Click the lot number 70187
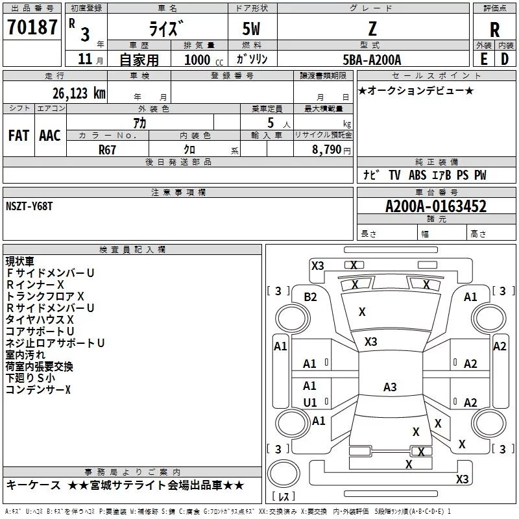pyautogui.click(x=32, y=27)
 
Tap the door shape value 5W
pyautogui.click(x=251, y=29)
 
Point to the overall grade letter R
pyautogui.click(x=494, y=30)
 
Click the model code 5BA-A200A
pyautogui.click(x=372, y=60)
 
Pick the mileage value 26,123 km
pyautogui.click(x=79, y=93)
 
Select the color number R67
pyautogui.click(x=107, y=150)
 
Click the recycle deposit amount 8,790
pyautogui.click(x=326, y=150)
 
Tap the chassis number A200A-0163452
pyautogui.click(x=436, y=206)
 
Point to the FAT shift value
pyautogui.click(x=19, y=136)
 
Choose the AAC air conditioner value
pyautogui.click(x=50, y=136)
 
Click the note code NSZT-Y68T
pyautogui.click(x=29, y=206)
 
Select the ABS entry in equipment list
pyautogui.click(x=417, y=175)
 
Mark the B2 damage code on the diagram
pyautogui.click(x=310, y=297)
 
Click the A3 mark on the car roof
pyautogui.click(x=390, y=387)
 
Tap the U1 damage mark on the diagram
pyautogui.click(x=310, y=402)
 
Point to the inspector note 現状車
pyautogui.click(x=20, y=261)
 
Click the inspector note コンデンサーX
pyautogui.click(x=38, y=390)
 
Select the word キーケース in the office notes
pyautogui.click(x=34, y=485)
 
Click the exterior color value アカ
pyautogui.click(x=139, y=123)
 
